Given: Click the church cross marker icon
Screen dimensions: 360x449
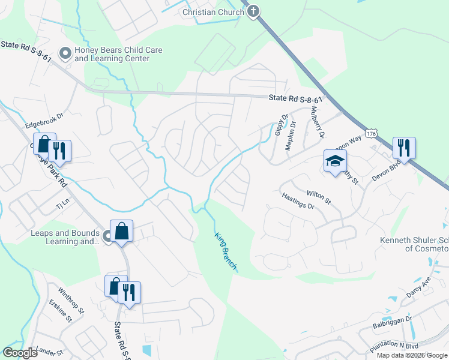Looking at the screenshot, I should coord(253,11).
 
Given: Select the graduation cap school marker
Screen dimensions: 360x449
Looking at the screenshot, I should coord(335,161).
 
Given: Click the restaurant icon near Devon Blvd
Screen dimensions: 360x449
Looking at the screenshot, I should coord(404,147).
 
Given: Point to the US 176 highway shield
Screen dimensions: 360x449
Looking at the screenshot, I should coord(372,134).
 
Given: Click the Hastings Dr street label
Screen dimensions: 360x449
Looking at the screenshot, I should coord(298,202).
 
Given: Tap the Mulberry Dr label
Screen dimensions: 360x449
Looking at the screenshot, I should coord(316,123).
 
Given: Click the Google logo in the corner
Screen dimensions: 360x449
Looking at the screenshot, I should coord(20,353).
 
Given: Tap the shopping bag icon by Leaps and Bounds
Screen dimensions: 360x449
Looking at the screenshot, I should coord(121,230).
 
